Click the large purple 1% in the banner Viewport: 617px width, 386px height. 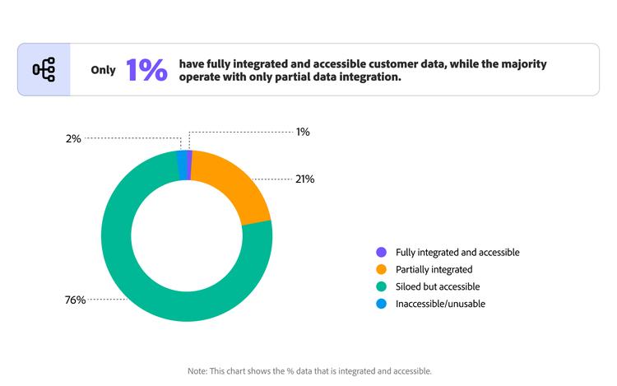click(x=147, y=70)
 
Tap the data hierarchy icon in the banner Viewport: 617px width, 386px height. click(x=43, y=70)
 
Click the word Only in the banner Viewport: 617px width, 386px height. click(x=104, y=71)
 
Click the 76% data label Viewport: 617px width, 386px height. click(x=76, y=300)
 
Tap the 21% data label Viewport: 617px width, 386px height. click(x=304, y=179)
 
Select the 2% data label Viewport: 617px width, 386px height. click(x=73, y=139)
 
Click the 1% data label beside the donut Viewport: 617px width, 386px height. click(x=303, y=132)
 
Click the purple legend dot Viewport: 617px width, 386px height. click(x=381, y=253)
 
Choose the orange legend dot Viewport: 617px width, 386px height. click(x=381, y=269)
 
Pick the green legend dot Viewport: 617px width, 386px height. click(x=381, y=286)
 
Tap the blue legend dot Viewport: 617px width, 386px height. click(x=381, y=303)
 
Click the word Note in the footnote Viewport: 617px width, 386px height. click(x=198, y=371)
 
